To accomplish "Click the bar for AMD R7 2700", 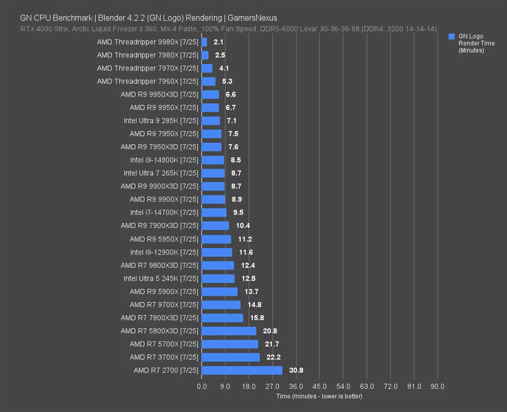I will [242, 370].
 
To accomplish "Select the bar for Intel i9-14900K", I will [213, 160].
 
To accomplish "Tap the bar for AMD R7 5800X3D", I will [229, 331].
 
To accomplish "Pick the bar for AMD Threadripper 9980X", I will [204, 42].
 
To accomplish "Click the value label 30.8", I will [296, 370].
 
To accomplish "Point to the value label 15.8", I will [257, 318].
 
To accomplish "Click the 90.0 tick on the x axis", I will [438, 386].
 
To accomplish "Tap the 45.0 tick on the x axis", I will [320, 386].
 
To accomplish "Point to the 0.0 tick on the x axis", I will [202, 386].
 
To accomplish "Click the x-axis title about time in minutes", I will [319, 396].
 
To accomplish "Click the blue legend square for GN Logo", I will [452, 36].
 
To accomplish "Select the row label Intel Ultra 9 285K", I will [161, 121].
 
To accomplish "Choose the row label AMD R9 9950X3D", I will [160, 95].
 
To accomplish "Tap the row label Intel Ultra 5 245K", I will [161, 278].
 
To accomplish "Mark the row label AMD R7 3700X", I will [164, 357].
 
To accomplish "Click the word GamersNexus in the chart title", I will [252, 18].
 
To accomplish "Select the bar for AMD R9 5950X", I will [216, 239].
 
